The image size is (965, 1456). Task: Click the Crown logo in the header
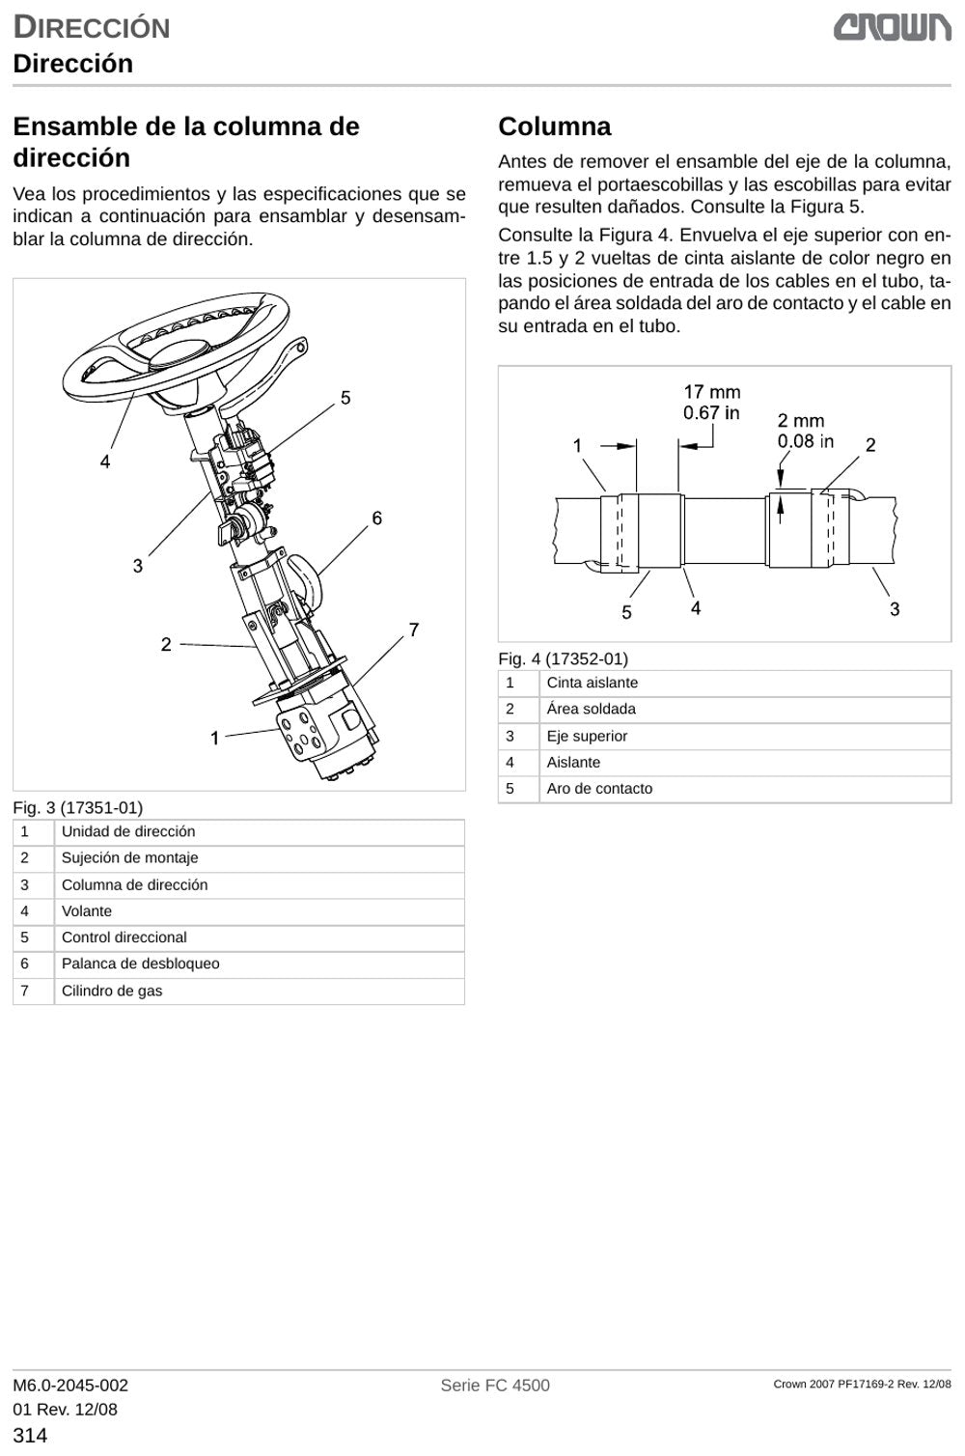893,28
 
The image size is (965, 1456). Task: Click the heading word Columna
554,126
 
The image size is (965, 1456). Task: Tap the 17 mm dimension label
711,392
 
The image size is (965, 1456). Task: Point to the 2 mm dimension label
801,421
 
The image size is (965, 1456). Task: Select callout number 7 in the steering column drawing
414,630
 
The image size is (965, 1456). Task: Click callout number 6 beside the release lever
377,518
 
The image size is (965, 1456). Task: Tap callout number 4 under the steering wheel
104,462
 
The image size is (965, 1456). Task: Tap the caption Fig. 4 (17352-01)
563,659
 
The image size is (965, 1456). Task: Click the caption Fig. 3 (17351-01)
77,808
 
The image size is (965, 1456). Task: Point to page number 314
30,1435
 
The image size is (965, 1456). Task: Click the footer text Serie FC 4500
495,1386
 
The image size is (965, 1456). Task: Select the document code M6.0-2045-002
70,1386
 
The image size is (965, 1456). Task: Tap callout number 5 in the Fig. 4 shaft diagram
626,612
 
